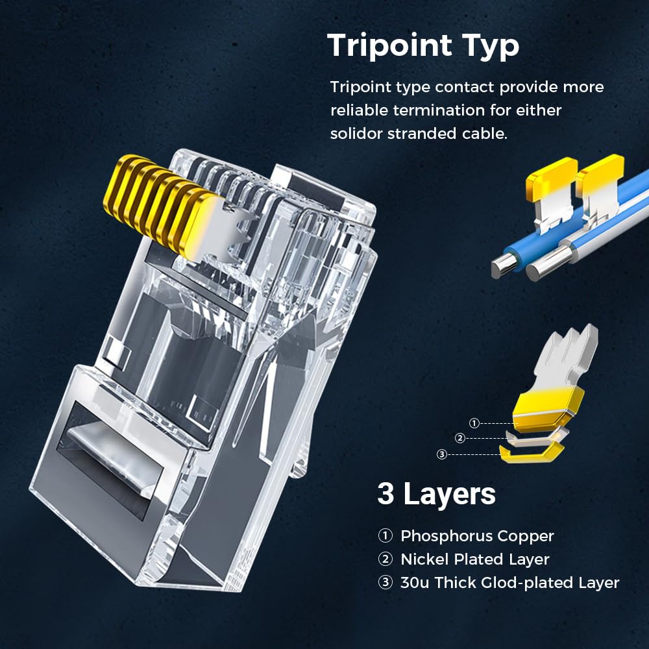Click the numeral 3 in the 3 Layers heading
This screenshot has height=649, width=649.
(x=386, y=495)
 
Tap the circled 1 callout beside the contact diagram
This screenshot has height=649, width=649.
(x=474, y=423)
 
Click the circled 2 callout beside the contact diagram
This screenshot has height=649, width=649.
(x=460, y=438)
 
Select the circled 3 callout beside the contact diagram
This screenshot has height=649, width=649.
(x=442, y=454)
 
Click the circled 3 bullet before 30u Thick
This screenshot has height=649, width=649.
(x=386, y=583)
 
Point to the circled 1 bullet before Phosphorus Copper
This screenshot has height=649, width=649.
(x=386, y=536)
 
